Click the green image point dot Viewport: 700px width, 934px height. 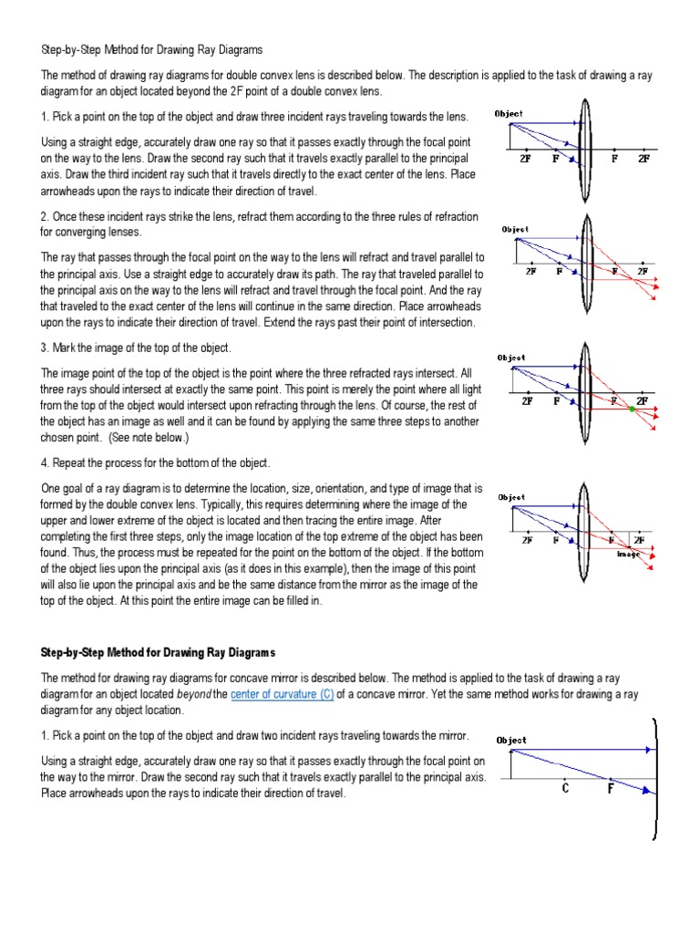pos(633,409)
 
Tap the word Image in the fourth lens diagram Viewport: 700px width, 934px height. pos(629,554)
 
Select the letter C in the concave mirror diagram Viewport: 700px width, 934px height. pos(566,789)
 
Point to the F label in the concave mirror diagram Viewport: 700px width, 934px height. pos(611,789)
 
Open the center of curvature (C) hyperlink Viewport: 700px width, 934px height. pos(282,695)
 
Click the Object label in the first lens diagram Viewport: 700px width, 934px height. pos(509,114)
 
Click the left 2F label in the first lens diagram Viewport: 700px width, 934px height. pos(525,159)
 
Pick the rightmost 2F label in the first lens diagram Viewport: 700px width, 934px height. pos(643,159)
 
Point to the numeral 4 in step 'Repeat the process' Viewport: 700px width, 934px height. pos(43,463)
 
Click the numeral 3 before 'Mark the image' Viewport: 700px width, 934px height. pos(43,348)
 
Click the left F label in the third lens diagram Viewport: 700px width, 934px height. pos(556,400)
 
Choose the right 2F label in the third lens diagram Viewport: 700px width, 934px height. pos(643,400)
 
